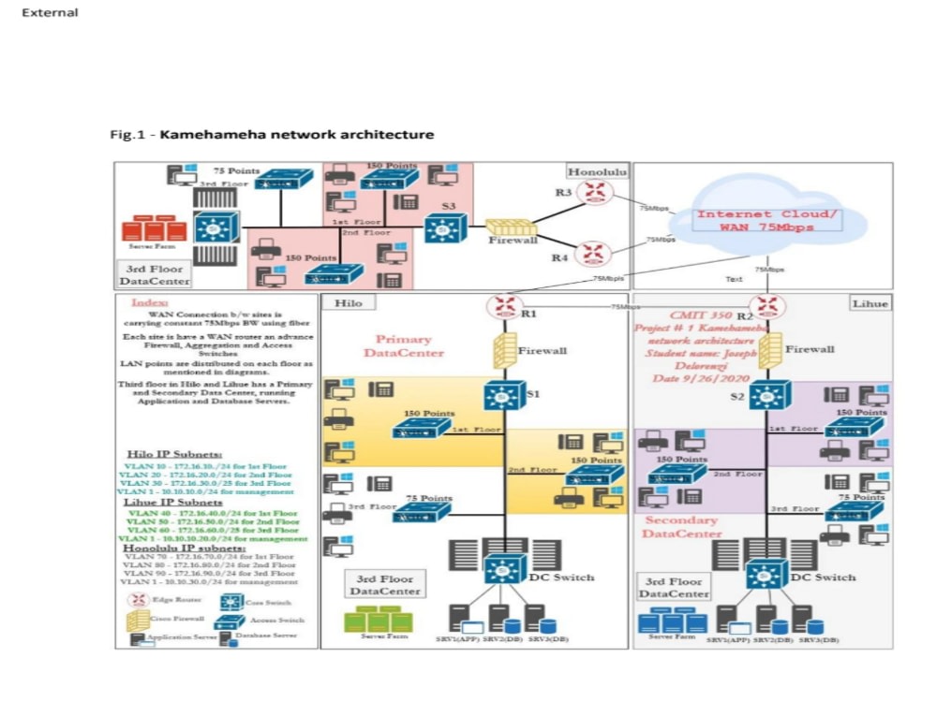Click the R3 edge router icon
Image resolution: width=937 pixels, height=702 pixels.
[x=592, y=194]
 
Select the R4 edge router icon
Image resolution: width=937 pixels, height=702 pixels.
[x=592, y=252]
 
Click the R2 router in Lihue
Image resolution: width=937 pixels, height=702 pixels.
[x=767, y=306]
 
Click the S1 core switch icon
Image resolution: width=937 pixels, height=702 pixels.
[x=502, y=396]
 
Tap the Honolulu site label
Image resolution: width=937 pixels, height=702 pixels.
[x=597, y=171]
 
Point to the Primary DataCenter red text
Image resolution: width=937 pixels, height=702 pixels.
[x=404, y=346]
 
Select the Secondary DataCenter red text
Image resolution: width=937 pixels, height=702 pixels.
[x=681, y=526]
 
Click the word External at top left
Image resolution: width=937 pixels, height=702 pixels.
[x=49, y=13]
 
